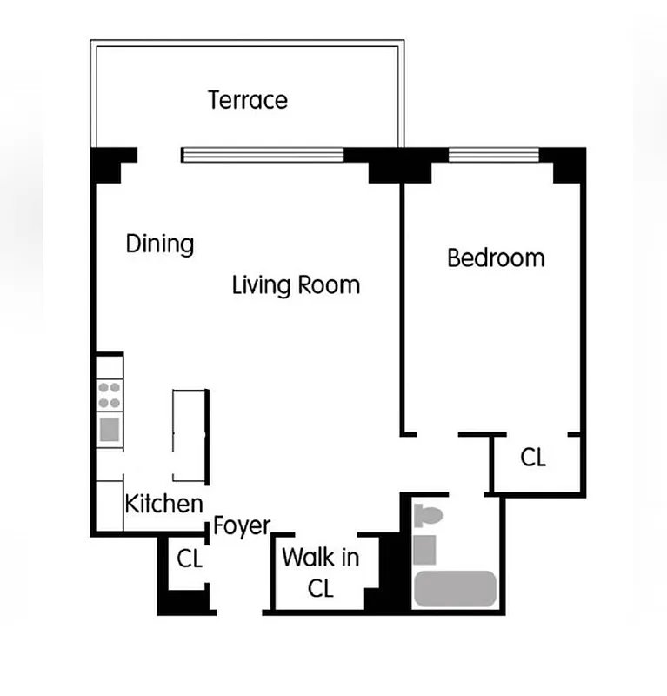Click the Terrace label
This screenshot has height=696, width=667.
pyautogui.click(x=248, y=99)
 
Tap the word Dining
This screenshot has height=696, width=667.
pyautogui.click(x=159, y=243)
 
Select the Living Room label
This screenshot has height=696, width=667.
pyautogui.click(x=296, y=284)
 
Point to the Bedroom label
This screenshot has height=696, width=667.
pyautogui.click(x=496, y=258)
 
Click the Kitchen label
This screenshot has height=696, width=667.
pyautogui.click(x=164, y=503)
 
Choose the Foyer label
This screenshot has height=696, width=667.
pyautogui.click(x=242, y=525)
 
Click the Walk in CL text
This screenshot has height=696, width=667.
pyautogui.click(x=320, y=572)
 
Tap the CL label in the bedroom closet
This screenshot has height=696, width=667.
pyautogui.click(x=533, y=458)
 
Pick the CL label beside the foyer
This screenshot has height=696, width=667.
pyautogui.click(x=190, y=559)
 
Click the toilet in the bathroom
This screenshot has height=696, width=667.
pyautogui.click(x=428, y=516)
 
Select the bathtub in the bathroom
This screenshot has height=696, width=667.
pyautogui.click(x=455, y=588)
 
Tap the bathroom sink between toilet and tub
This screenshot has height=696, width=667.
pyautogui.click(x=424, y=549)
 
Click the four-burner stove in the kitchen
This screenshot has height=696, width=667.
pyautogui.click(x=110, y=396)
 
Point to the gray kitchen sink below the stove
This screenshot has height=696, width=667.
pyautogui.click(x=110, y=429)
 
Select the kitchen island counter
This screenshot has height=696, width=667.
pyautogui.click(x=190, y=434)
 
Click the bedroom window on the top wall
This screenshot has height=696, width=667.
pyautogui.click(x=493, y=157)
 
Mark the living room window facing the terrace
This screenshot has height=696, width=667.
pyautogui.click(x=263, y=155)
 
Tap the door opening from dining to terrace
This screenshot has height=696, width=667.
pyautogui.click(x=159, y=155)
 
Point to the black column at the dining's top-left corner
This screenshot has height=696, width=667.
pyautogui.click(x=110, y=163)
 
